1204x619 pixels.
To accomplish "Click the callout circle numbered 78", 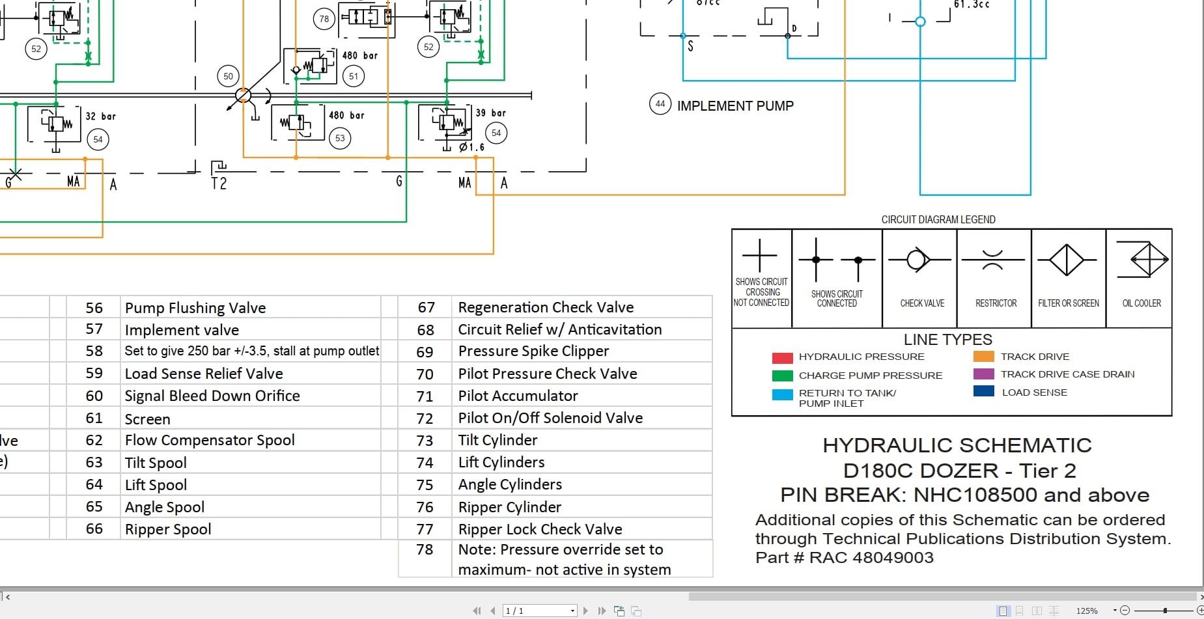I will click(x=324, y=19).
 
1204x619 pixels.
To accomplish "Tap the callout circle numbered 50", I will click(x=228, y=76).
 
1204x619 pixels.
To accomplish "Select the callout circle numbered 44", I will click(x=660, y=103).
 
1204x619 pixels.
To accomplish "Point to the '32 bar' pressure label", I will click(x=100, y=117).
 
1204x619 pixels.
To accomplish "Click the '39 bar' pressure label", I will click(x=490, y=113).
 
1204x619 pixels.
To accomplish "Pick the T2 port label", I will click(x=219, y=184).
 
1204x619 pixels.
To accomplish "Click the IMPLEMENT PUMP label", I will click(x=735, y=106).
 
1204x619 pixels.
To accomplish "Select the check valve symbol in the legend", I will click(x=918, y=260).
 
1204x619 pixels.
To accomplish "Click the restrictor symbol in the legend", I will click(x=992, y=260).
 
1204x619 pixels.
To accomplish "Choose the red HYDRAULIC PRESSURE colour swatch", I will click(x=782, y=357).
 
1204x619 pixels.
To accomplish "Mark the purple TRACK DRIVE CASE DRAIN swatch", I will click(x=983, y=374).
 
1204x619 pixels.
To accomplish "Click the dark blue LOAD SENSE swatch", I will click(x=983, y=392).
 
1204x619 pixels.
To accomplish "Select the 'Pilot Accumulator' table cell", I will click(x=518, y=396).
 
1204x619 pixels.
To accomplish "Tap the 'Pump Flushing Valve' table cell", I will click(x=195, y=308).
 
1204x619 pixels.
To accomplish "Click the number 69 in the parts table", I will click(x=425, y=352).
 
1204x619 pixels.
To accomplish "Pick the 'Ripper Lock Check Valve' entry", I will click(x=540, y=529).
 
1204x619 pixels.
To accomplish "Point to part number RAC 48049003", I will click(x=871, y=558).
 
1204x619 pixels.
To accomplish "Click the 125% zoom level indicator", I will click(x=1087, y=611).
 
